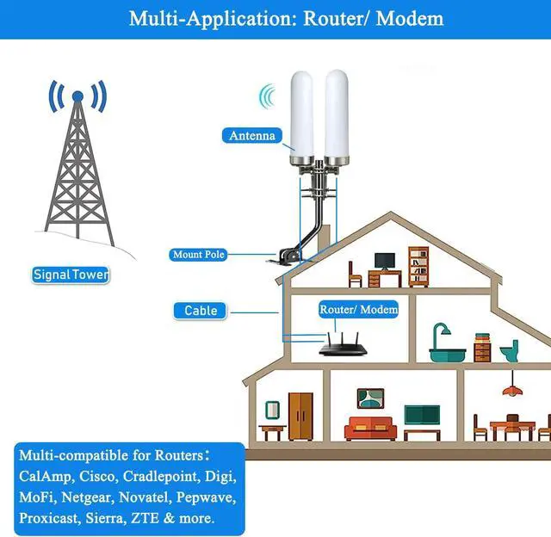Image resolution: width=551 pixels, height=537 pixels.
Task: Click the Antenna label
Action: click(x=252, y=135)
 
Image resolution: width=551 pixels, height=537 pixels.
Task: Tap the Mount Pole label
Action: click(x=199, y=255)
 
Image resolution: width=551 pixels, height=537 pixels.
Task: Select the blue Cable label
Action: click(x=201, y=310)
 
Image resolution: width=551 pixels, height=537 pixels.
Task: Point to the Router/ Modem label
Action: click(x=359, y=308)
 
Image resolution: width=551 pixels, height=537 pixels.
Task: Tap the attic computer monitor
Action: click(x=384, y=260)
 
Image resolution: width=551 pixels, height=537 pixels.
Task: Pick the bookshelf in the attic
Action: click(x=418, y=267)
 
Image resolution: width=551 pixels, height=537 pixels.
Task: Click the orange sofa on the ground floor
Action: click(x=370, y=428)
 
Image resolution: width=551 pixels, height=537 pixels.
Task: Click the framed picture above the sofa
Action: click(x=370, y=398)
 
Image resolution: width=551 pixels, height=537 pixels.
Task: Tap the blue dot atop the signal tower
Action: click(x=77, y=96)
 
